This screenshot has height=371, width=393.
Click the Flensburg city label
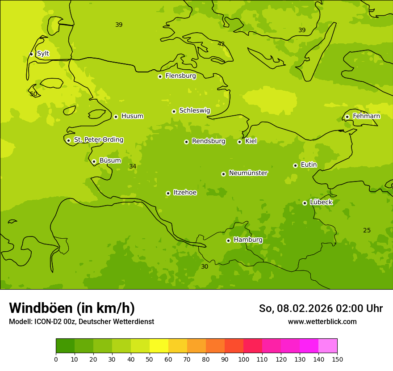click(x=180, y=76)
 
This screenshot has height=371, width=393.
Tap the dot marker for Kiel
click(x=239, y=142)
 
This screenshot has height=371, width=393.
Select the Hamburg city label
click(x=248, y=240)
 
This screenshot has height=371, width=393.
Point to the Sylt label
click(x=43, y=54)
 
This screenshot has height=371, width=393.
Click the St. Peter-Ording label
click(x=98, y=140)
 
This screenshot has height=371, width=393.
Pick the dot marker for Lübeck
click(x=305, y=203)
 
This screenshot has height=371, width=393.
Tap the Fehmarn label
click(x=366, y=116)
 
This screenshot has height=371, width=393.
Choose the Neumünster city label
click(x=248, y=173)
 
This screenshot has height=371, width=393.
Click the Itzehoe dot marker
click(x=168, y=193)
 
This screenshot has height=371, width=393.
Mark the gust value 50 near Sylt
click(x=33, y=94)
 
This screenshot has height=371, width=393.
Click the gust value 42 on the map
click(x=221, y=44)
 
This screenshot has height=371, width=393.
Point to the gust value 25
click(x=367, y=231)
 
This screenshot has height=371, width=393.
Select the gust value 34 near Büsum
click(x=133, y=167)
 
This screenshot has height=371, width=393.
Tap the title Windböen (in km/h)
click(x=72, y=308)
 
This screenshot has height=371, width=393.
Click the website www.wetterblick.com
click(x=322, y=321)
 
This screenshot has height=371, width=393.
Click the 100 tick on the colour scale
click(x=243, y=359)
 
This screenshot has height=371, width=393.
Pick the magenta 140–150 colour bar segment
click(x=328, y=346)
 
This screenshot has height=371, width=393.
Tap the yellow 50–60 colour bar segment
click(x=159, y=346)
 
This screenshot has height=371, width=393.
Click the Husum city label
click(x=132, y=116)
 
